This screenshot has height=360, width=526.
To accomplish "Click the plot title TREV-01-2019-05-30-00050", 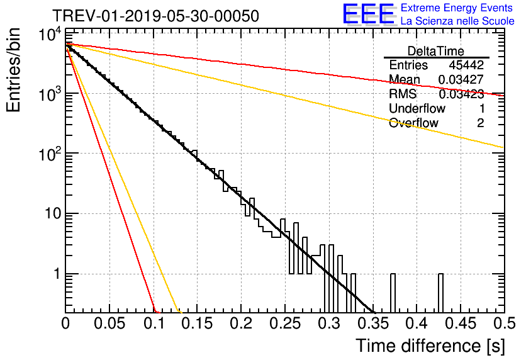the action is point(155,16).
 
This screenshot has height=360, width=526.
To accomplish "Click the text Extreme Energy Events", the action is point(457,8).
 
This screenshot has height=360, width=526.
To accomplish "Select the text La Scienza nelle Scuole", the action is point(457,21).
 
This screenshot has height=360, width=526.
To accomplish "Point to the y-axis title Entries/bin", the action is point(13,70).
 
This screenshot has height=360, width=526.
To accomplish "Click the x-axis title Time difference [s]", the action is point(430,346).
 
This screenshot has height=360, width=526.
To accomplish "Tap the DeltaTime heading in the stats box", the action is point(436,51).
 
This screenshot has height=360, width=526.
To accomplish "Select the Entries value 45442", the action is point(466,65).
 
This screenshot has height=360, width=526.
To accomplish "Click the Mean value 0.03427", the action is point(461,79).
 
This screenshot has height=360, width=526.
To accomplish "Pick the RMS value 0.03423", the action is point(461,94).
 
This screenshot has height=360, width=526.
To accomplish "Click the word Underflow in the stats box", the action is point(417,108).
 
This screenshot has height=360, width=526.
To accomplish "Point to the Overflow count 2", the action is point(480,123).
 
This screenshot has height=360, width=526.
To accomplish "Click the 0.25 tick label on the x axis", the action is point(285,323).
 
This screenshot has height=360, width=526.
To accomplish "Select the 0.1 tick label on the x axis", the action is point(154,323).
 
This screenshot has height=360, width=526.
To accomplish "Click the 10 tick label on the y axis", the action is point(53,213).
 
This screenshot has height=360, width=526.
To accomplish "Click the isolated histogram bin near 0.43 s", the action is point(441,293).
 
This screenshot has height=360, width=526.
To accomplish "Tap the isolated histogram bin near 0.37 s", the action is point(393,293).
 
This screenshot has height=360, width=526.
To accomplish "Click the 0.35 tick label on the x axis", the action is point(373,323).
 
